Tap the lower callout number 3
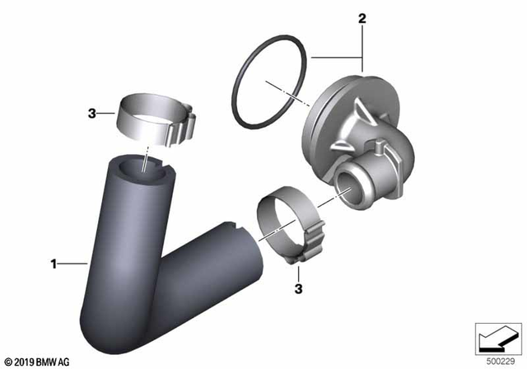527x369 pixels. pyautogui.click(x=299, y=289)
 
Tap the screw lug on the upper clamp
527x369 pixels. pyautogui.click(x=188, y=126)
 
